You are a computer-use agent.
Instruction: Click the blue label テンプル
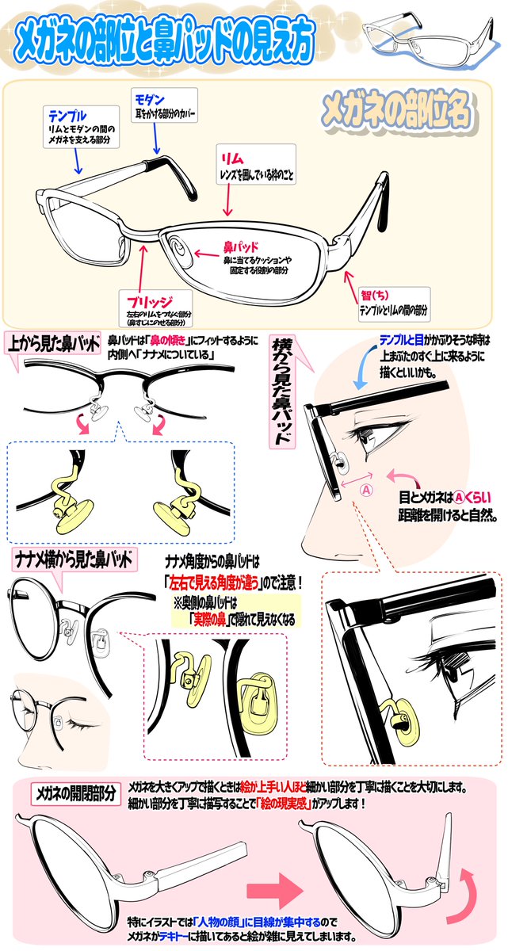click(67, 116)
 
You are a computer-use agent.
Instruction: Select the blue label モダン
click(150, 99)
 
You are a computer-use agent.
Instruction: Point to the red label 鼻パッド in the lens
click(243, 246)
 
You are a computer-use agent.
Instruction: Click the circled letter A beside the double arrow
click(366, 489)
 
